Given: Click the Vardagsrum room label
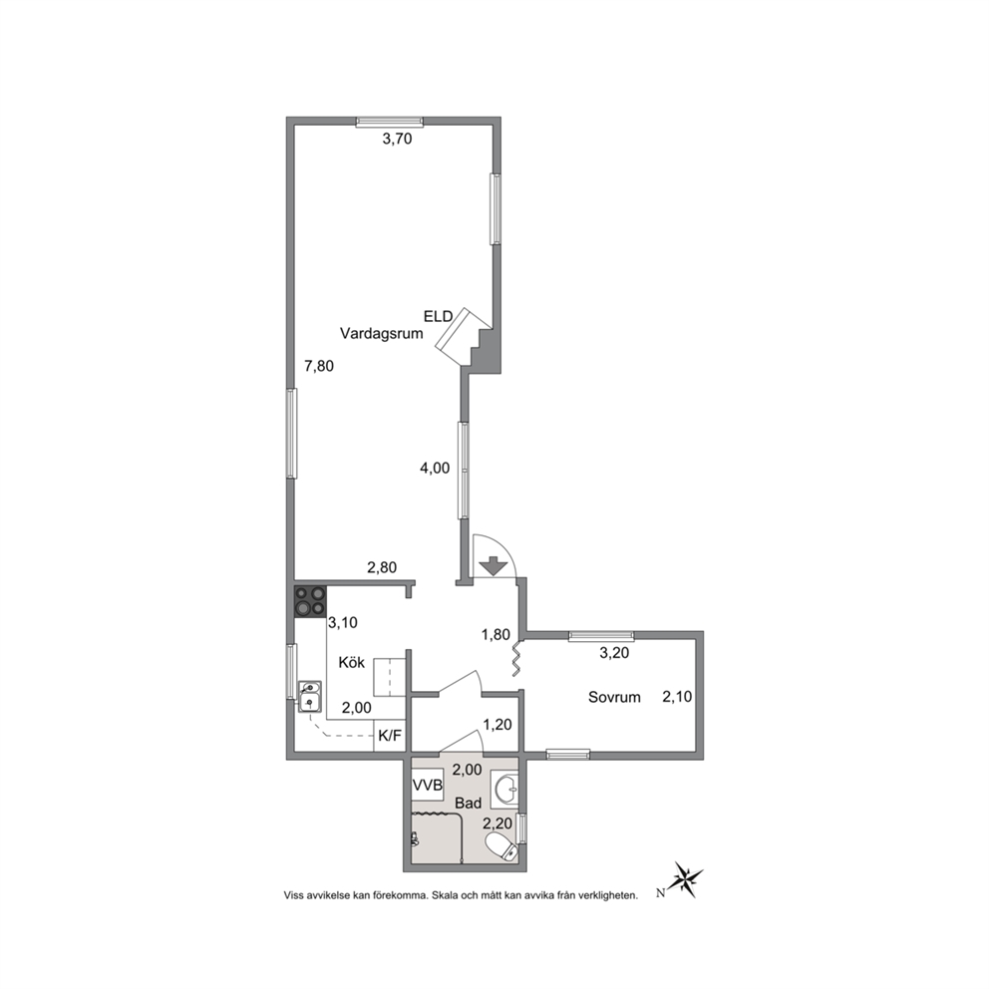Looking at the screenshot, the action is pos(381,334).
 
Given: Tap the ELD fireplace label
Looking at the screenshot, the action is pos(439,316).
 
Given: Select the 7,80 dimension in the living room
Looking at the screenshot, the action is pos(319,366).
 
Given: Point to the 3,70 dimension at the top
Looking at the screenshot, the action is pos(398,139).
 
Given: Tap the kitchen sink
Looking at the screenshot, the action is pos(309,695).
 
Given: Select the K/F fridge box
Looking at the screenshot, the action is pos(389,736).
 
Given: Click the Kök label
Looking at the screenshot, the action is pos(351,662).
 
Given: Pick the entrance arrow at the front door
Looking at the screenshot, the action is pos(494,565).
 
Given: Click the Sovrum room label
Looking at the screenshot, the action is pos(614,697).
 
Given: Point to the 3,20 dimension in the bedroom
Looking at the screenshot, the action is pos(614,653).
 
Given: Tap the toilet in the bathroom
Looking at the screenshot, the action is pos(502,846).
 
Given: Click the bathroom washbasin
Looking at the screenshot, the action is pos(504,789).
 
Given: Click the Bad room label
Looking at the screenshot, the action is pos(468,803).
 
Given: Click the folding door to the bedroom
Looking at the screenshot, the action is pos(516,660).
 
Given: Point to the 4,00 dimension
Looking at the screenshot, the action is pos(436,468).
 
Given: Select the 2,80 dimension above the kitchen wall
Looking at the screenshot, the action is pos(382,567).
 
